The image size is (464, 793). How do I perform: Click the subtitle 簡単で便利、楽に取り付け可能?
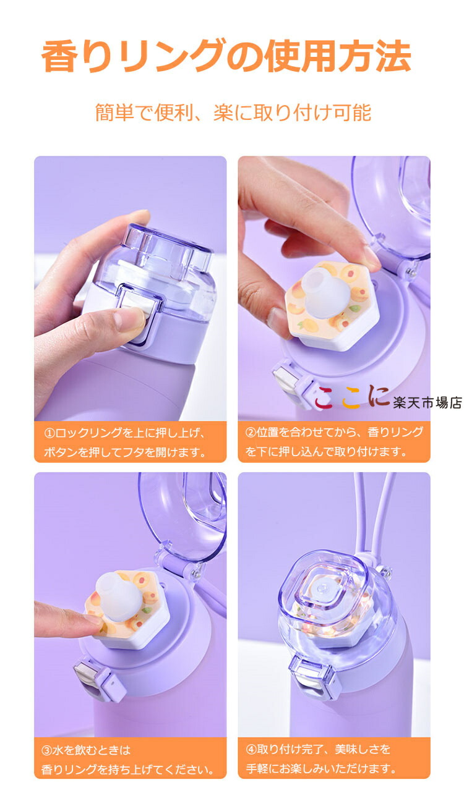click(x=233, y=113)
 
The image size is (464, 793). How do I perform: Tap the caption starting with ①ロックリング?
click(x=125, y=442)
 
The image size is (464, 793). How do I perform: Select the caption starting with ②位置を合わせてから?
click(x=334, y=442)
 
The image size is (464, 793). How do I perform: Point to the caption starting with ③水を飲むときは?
click(x=127, y=760)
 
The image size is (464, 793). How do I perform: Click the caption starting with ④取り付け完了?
click(x=321, y=758)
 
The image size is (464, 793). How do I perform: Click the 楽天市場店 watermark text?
click(x=427, y=403)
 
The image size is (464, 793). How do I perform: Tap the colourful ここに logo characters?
click(x=351, y=397)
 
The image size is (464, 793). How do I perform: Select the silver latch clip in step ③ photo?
click(x=87, y=682)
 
